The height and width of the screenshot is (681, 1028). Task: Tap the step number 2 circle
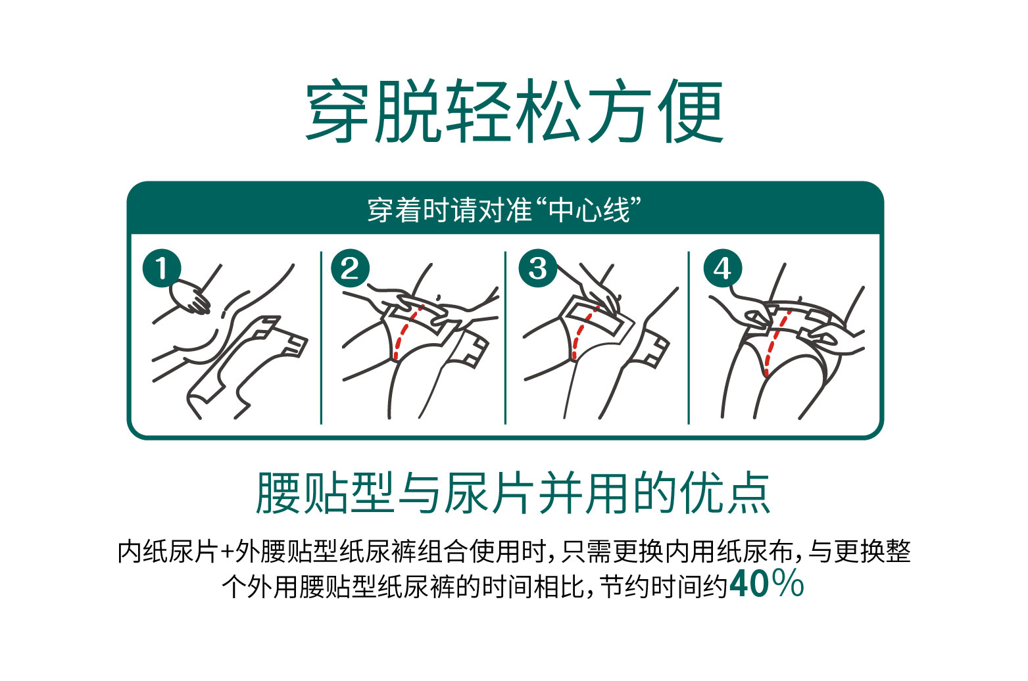tap(350, 269)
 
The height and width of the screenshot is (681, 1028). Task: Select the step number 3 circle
tap(537, 269)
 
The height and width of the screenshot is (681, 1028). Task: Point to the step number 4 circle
tap(722, 269)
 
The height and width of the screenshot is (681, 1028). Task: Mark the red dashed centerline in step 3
tap(578, 335)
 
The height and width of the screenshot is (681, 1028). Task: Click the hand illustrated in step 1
tap(191, 296)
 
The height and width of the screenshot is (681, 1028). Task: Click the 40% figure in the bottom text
tap(766, 584)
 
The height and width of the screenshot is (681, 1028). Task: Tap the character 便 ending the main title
tap(690, 112)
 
